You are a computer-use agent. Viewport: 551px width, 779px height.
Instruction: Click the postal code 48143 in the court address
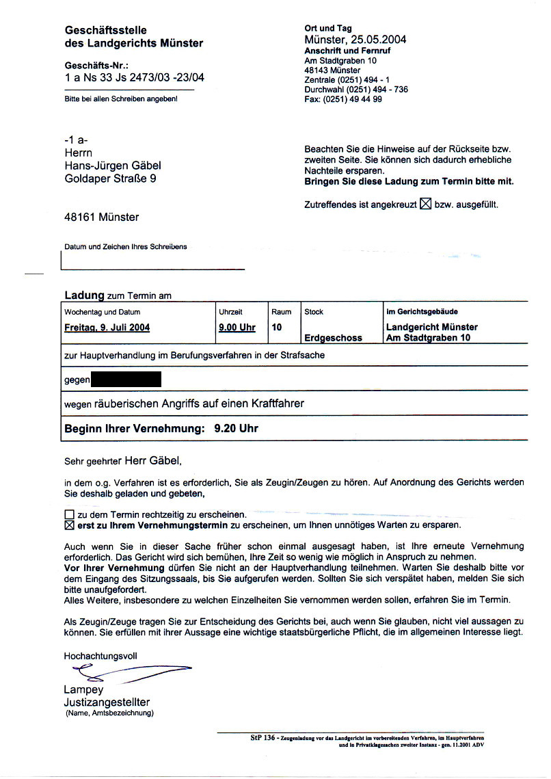[317, 70]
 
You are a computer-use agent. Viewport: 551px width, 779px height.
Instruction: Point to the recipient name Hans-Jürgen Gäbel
[113, 166]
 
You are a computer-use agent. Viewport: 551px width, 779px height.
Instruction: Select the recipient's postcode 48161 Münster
[101, 217]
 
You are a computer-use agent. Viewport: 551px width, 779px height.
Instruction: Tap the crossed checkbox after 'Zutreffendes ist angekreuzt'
[425, 204]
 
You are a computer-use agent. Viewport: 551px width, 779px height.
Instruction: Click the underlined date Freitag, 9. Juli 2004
[107, 328]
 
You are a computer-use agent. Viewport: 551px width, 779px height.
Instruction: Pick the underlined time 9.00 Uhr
[237, 328]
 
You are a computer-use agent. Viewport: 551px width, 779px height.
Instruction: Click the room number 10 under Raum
[277, 328]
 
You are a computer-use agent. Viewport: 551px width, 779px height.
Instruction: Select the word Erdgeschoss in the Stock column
[333, 338]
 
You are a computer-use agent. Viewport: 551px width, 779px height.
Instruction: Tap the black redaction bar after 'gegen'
[126, 379]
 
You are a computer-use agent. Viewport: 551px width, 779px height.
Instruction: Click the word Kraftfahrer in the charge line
[273, 404]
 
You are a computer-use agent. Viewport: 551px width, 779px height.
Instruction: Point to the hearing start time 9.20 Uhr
[236, 430]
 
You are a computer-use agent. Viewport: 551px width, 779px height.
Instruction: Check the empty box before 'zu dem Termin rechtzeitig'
[68, 514]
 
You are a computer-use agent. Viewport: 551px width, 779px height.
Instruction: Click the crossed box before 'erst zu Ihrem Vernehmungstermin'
[68, 525]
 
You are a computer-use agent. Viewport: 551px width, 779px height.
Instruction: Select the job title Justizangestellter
[107, 702]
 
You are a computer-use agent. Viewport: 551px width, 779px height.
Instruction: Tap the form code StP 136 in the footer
[262, 739]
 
